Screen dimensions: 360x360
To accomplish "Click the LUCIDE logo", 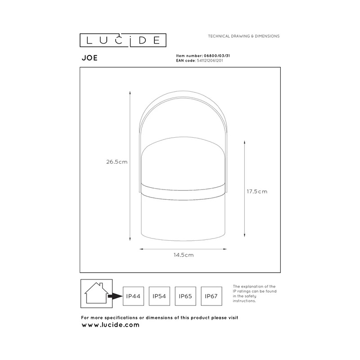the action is point(123,40).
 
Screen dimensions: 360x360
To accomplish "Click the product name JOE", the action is point(90,58).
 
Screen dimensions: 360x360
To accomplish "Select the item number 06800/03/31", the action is point(217,56).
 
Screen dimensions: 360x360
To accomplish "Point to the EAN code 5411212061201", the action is point(210,61).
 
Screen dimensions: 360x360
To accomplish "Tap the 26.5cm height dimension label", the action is point(117,162).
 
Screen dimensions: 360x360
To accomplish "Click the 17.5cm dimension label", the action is point(257,192).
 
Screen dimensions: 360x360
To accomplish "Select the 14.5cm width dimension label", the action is point(184,255).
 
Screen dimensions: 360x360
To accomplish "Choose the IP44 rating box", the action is point(133,296).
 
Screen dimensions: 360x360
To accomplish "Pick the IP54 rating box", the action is point(159,296).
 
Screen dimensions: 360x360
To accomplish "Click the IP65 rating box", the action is point(185,296).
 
